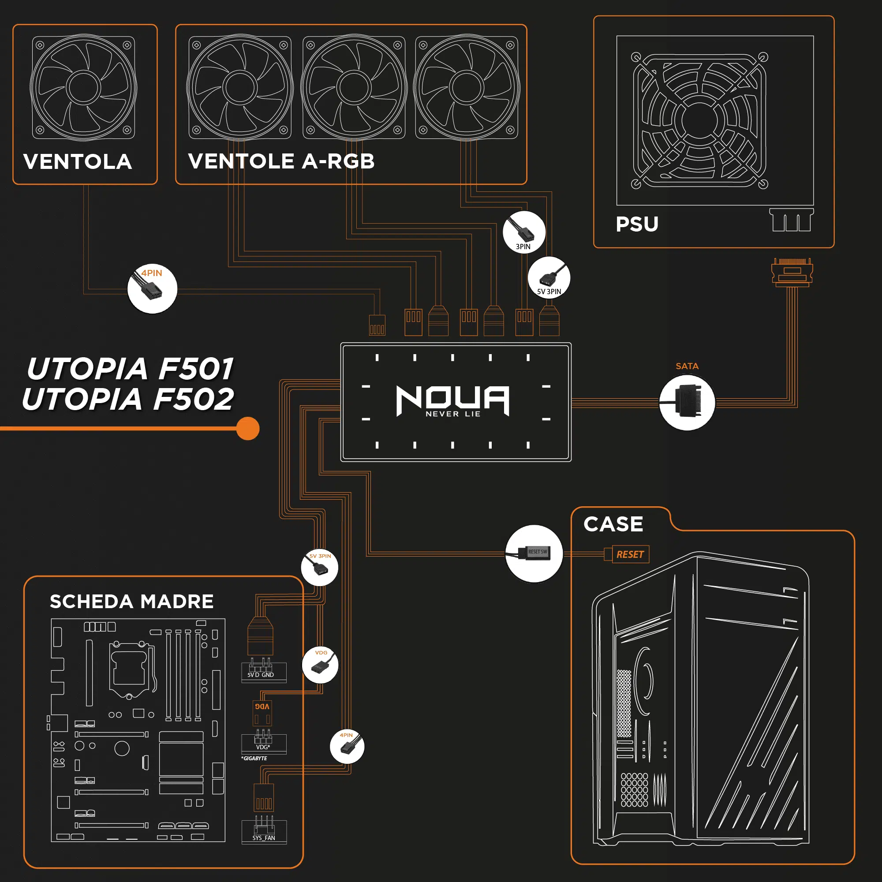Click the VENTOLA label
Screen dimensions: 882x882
point(78,161)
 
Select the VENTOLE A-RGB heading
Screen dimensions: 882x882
point(281,161)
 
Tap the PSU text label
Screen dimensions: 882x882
point(637,224)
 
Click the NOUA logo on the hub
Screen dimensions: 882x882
point(452,400)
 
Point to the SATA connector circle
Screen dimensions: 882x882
point(687,402)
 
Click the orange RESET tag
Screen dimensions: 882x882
point(630,554)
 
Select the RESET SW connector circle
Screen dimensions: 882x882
point(534,553)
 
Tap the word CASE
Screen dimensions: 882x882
point(613,524)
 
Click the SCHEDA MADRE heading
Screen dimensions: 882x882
point(131,601)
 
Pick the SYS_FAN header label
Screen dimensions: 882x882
point(264,838)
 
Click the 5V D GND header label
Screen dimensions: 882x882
point(261,675)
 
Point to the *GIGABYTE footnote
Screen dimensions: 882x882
point(254,758)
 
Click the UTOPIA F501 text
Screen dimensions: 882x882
point(131,369)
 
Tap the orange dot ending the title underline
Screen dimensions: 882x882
point(248,428)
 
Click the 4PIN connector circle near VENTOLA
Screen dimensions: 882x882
point(152,288)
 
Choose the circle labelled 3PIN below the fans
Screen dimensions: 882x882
point(523,232)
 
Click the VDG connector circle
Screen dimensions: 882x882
point(320,665)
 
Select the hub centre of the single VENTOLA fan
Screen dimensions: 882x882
point(83,87)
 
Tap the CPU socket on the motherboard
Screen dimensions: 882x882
point(129,669)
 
